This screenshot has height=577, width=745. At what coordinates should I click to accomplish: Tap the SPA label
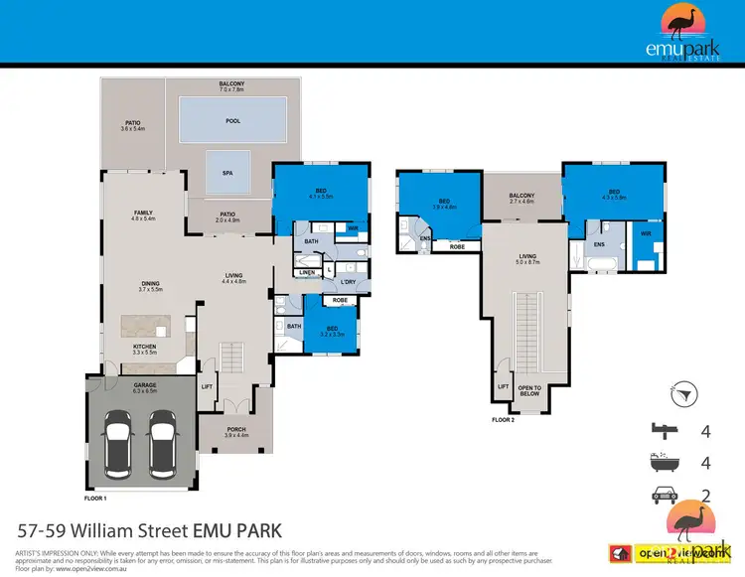pos(227,172)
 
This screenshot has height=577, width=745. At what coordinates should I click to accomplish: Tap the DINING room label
pos(150,283)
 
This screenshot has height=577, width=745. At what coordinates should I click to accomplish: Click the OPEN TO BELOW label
pos(530,389)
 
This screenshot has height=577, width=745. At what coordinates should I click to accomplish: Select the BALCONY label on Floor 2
pos(521,196)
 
